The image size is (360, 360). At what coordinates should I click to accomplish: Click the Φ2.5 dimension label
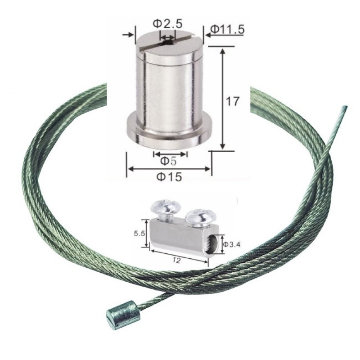[168, 24]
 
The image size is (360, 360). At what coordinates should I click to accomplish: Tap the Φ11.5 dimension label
[227, 29]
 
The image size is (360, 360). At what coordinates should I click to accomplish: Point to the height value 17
[232, 101]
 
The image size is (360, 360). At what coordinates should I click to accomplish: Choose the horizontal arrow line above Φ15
[169, 169]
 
